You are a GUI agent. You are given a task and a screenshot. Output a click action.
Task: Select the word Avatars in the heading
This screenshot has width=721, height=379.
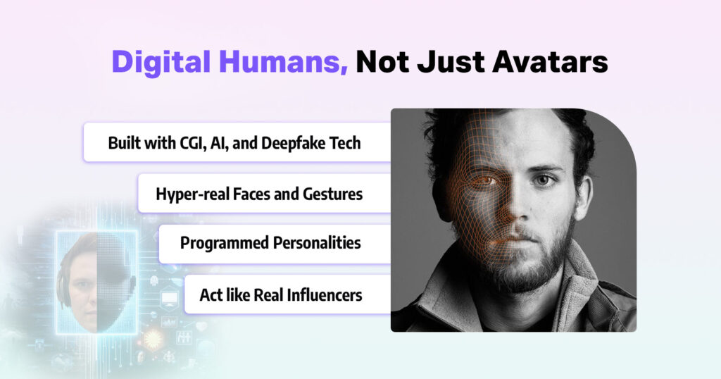pos(550,61)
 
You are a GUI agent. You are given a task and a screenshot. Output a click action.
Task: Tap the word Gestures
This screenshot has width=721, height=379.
pos(332,194)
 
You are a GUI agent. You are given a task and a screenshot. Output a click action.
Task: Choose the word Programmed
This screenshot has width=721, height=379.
pos(224,243)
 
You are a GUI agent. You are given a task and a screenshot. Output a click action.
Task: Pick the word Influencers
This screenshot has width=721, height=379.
pos(320,294)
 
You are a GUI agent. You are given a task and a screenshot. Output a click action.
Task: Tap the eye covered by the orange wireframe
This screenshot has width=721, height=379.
pos(485,181)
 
